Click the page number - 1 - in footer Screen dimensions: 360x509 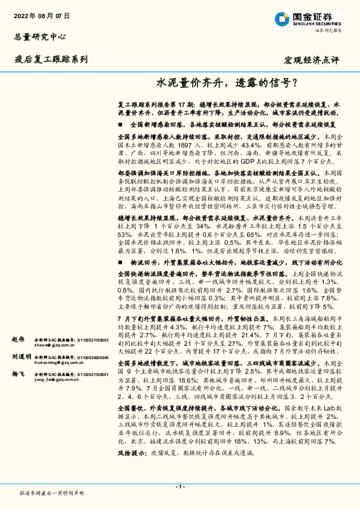point(179,487)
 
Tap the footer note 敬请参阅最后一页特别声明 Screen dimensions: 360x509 point(51,493)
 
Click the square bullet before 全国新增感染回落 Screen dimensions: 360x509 point(120,124)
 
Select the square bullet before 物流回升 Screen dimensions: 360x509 point(120,263)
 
